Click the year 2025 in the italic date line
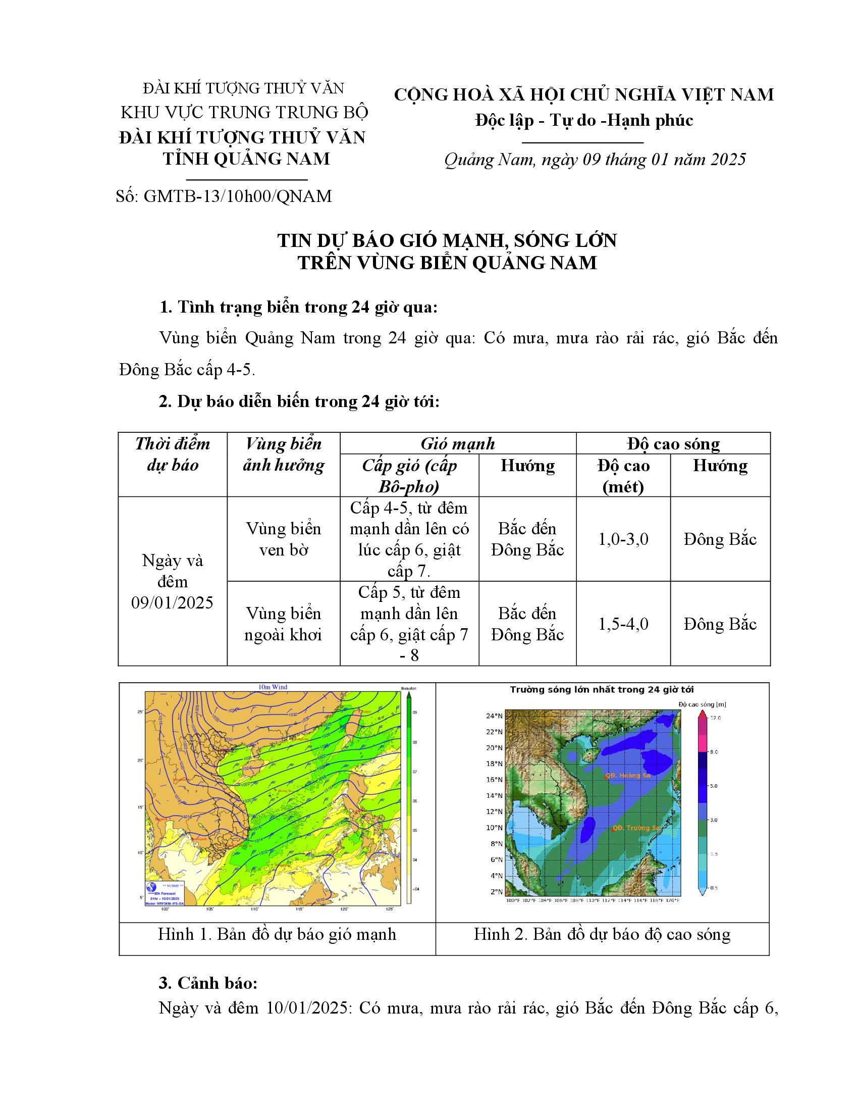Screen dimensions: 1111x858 tap(728, 160)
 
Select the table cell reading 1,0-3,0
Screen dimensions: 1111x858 tap(623, 539)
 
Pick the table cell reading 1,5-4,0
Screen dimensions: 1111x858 tap(623, 624)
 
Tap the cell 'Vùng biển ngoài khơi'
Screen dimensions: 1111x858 tap(283, 624)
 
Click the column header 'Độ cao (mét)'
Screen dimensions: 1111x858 tap(623, 476)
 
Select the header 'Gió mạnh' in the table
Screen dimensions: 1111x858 tap(457, 443)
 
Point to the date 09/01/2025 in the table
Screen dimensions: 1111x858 tap(172, 603)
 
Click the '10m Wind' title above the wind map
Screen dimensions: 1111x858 tap(273, 687)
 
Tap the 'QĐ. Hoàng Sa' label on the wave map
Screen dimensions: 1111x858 tap(628, 776)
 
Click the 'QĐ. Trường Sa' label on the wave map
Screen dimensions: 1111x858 tap(636, 828)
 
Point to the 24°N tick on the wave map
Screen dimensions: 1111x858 tap(494, 716)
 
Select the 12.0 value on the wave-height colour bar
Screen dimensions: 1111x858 tap(716, 718)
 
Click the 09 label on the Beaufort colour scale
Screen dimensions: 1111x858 tap(415, 712)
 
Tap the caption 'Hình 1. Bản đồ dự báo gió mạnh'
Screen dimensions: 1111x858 tap(277, 934)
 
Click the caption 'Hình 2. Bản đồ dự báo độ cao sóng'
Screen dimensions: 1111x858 tap(602, 934)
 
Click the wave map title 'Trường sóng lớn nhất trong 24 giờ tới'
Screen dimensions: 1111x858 tap(602, 690)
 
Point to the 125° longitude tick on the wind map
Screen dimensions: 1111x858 tap(390, 909)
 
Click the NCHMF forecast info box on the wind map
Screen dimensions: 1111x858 tap(165, 894)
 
